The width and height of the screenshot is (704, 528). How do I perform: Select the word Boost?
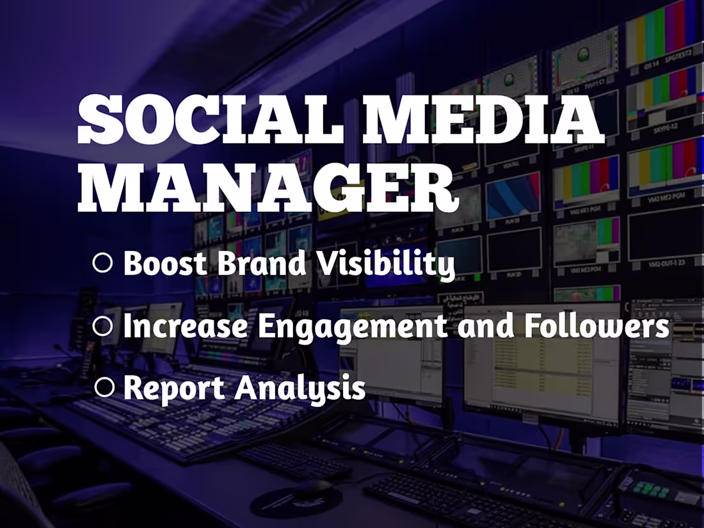pyautogui.click(x=164, y=263)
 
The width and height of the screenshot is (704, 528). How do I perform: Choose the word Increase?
pyautogui.click(x=185, y=326)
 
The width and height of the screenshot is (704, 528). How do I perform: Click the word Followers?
pyautogui.click(x=596, y=326)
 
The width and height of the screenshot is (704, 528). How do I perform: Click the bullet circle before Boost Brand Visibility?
pyautogui.click(x=102, y=263)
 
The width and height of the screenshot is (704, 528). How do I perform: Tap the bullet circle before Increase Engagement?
pyautogui.click(x=102, y=326)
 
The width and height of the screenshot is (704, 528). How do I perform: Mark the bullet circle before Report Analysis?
pyautogui.click(x=104, y=387)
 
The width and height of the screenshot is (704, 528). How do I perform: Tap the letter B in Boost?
pyautogui.click(x=134, y=263)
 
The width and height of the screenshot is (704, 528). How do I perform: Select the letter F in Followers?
pyautogui.click(x=534, y=326)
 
